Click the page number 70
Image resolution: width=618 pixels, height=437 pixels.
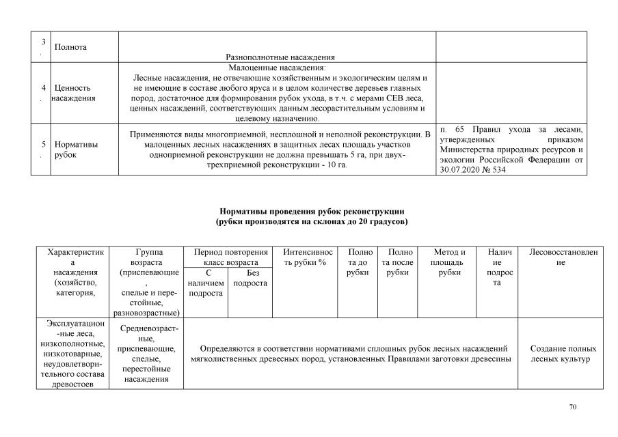573,408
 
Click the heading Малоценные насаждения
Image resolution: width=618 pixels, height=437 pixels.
277,68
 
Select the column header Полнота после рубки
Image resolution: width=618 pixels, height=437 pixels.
397,262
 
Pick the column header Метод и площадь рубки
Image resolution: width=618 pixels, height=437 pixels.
448,262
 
